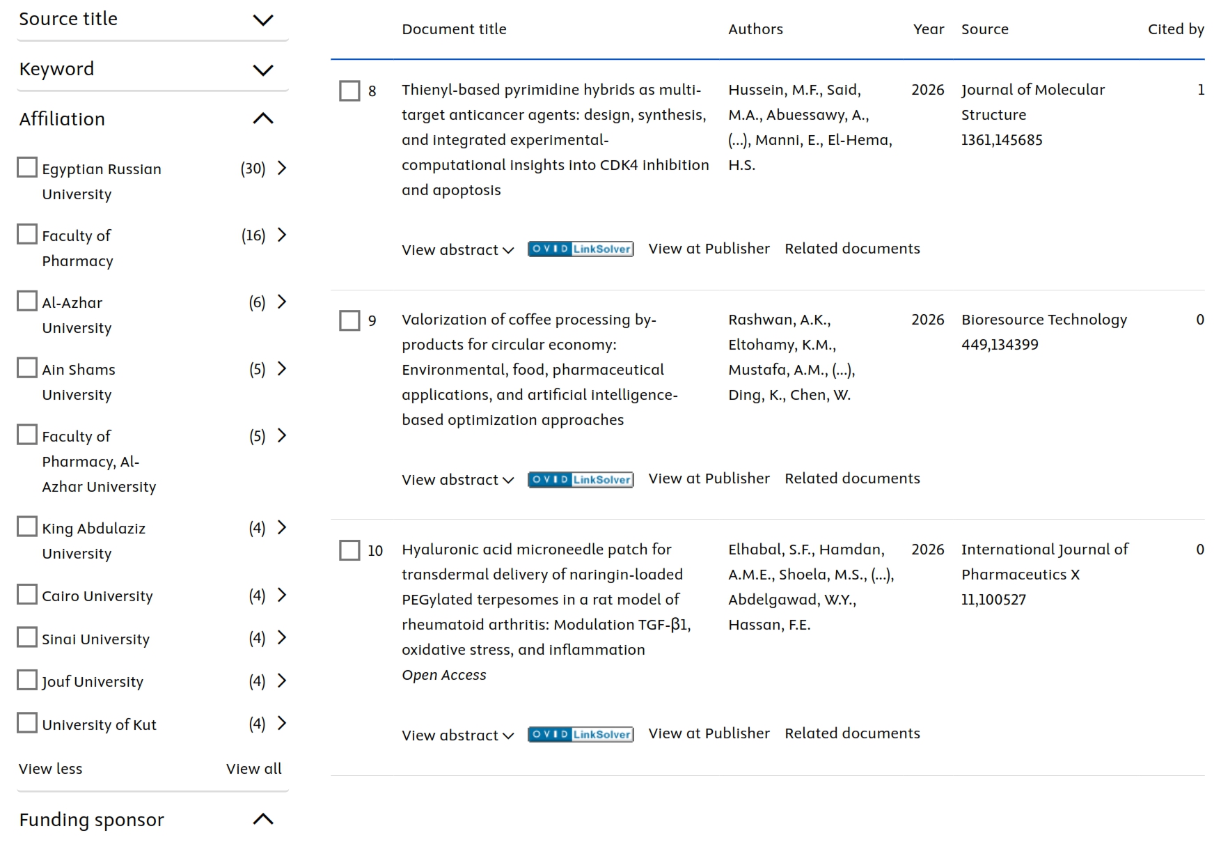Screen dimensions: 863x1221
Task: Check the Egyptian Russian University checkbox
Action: [27, 168]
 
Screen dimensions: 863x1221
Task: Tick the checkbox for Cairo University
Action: [27, 595]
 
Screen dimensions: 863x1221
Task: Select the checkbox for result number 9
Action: [349, 320]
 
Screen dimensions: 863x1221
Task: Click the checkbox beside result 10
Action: [349, 550]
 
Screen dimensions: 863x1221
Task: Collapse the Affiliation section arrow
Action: [262, 119]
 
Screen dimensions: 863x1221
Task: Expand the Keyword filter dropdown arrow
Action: [262, 70]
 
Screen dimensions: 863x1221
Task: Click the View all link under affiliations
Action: [253, 768]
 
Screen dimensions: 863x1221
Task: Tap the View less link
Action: [50, 768]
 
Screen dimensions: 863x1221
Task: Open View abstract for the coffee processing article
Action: [457, 479]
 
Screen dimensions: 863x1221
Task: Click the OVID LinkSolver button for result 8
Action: [581, 249]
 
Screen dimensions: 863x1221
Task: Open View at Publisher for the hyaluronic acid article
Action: [709, 733]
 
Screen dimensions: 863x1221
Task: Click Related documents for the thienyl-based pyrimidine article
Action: [852, 249]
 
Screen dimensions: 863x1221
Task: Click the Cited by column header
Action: [1176, 29]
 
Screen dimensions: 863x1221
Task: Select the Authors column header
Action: [755, 29]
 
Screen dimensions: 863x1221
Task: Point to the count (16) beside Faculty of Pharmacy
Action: [253, 235]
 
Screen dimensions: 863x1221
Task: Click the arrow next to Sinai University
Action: [282, 638]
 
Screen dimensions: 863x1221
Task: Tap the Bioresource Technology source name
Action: [1043, 320]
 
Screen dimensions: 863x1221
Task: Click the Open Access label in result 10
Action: [443, 675]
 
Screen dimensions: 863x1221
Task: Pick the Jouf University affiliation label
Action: [93, 681]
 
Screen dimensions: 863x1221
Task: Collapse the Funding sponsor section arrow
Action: [262, 819]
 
